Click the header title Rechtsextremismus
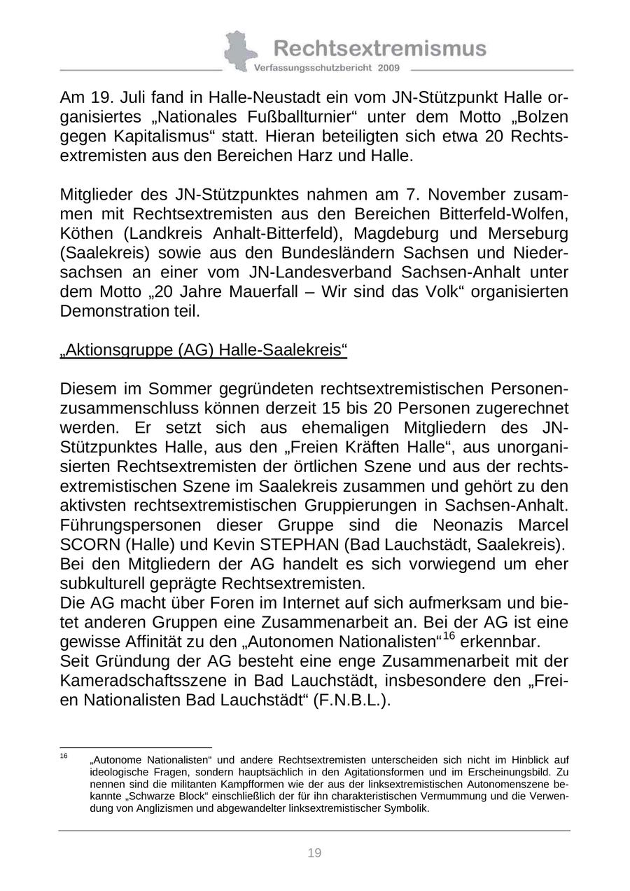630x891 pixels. point(379,48)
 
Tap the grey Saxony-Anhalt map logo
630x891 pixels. point(239,50)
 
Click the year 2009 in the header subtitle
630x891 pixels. point(388,68)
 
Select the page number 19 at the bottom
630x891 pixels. point(314,852)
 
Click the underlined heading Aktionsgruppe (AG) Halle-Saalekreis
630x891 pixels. point(204,350)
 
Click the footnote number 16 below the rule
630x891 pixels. point(64,757)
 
